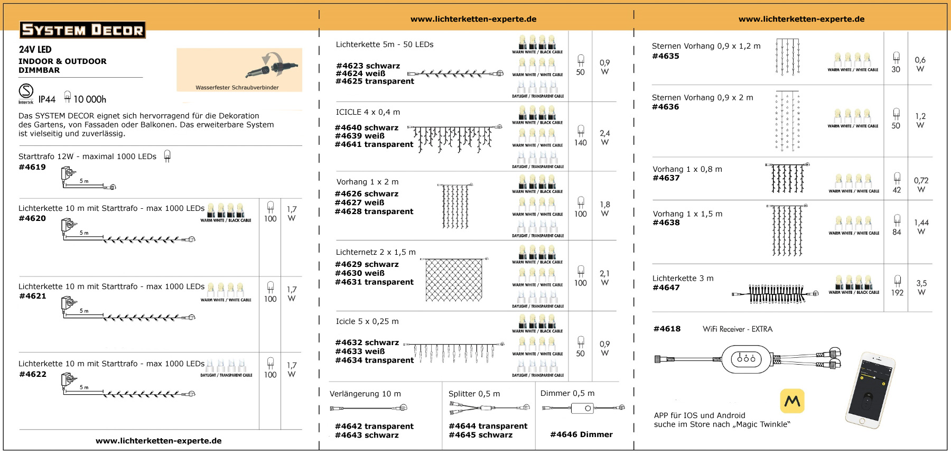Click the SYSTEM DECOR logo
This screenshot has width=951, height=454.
82,30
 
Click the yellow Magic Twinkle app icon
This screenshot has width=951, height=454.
792,401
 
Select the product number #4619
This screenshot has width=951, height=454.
32,167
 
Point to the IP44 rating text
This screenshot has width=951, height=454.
46,99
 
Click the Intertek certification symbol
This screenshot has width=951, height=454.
26,92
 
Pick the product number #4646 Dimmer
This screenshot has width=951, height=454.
581,434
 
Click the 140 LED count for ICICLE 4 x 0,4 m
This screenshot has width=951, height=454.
580,143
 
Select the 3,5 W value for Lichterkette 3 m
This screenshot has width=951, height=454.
921,288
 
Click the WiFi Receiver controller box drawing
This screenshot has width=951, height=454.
746,359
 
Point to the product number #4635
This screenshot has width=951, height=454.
666,56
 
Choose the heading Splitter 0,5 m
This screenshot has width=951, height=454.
474,394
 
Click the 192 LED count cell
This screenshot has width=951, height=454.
897,292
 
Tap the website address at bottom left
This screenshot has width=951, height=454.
158,441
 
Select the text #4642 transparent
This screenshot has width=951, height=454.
374,426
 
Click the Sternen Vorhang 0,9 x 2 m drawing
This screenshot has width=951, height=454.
787,122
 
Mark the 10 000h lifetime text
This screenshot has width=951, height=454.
89,99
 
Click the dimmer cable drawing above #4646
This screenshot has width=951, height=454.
583,408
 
